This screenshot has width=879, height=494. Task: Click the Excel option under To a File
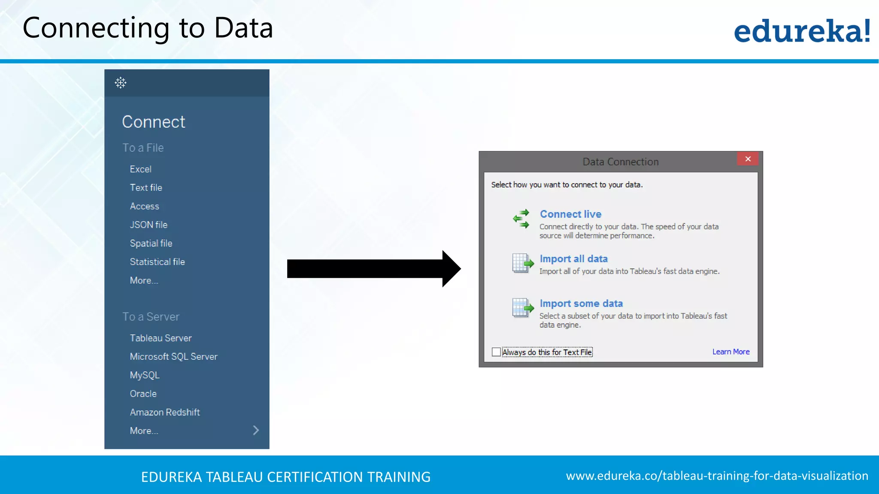[141, 169]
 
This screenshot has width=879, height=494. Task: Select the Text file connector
[146, 188]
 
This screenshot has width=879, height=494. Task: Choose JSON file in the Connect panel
[149, 225]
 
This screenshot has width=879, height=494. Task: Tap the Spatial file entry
[151, 244]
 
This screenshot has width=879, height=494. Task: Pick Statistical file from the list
[157, 262]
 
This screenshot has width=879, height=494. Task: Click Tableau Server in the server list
[161, 338]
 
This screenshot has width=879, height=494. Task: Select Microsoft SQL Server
[173, 357]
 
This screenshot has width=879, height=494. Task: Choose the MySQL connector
[145, 375]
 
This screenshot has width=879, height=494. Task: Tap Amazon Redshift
[165, 413]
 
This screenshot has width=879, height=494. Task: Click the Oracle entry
[143, 394]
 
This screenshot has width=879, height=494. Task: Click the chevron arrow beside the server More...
[256, 431]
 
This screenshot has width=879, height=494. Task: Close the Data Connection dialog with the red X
[748, 159]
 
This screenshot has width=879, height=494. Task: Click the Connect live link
[570, 214]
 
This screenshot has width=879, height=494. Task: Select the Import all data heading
[573, 259]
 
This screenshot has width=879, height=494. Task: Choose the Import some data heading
[581, 304]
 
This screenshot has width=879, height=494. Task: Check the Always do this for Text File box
[496, 352]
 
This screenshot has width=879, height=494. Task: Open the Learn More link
[731, 352]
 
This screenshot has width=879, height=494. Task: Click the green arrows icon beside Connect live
[521, 219]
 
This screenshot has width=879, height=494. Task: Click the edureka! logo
[802, 31]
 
